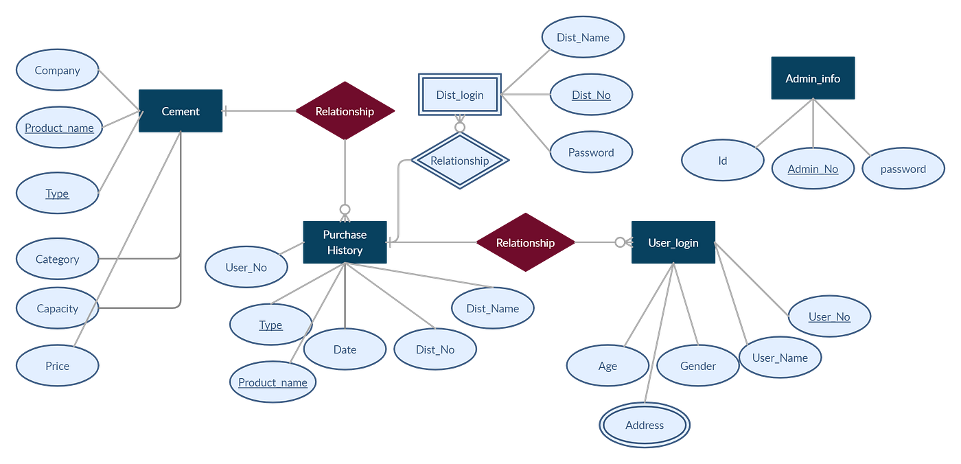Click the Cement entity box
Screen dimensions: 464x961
[x=181, y=111]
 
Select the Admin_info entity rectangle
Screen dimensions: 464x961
[x=813, y=78]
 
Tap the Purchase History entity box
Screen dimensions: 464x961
[x=345, y=242]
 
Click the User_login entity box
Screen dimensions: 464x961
[x=673, y=242]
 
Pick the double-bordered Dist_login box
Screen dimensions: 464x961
[x=460, y=95]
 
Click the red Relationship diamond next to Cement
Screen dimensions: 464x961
[x=345, y=111]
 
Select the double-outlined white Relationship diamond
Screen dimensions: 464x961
[x=460, y=161]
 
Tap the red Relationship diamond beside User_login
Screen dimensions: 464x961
[x=525, y=242]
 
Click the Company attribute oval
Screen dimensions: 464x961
[x=58, y=70]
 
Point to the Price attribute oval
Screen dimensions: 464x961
[x=58, y=366]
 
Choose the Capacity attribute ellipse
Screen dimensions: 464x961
[x=58, y=308]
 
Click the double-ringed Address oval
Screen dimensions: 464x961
[x=645, y=425]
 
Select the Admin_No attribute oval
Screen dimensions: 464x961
[x=813, y=169]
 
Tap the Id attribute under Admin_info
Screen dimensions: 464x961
[x=722, y=161]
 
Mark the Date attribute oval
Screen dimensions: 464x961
[x=345, y=349]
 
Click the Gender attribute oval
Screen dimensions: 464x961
[x=698, y=366]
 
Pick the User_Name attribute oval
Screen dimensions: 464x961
[x=780, y=358]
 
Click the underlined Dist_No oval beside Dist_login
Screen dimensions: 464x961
[x=591, y=95]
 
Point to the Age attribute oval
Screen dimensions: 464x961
[x=607, y=366]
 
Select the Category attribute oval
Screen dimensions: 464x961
[x=58, y=259]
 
